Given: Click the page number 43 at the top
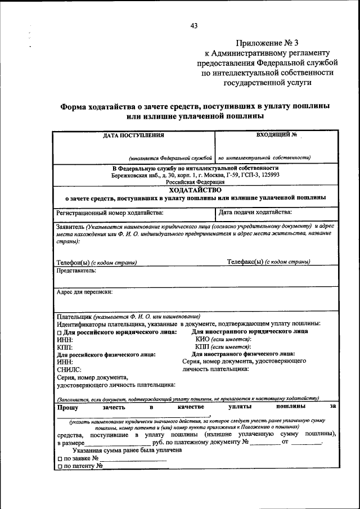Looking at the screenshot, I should (x=194, y=25).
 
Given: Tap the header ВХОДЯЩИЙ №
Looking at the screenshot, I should (x=276, y=135).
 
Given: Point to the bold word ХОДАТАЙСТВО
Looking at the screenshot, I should (x=195, y=190).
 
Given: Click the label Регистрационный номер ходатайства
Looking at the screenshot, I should (x=110, y=212).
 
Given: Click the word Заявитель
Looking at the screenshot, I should (x=70, y=226).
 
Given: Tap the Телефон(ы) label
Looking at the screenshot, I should (x=73, y=262).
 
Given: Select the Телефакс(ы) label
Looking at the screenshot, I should (x=245, y=262).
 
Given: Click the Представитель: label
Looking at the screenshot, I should (x=76, y=271).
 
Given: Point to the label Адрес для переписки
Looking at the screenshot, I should (x=84, y=292).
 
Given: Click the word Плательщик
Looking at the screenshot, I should (x=74, y=316).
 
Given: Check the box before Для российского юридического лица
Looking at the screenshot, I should (x=59, y=332).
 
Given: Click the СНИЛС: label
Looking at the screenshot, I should (x=69, y=370).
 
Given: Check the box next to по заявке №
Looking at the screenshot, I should (x=59, y=458).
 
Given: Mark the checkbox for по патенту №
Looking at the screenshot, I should (x=59, y=466).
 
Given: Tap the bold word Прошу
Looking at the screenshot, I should (x=67, y=406).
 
